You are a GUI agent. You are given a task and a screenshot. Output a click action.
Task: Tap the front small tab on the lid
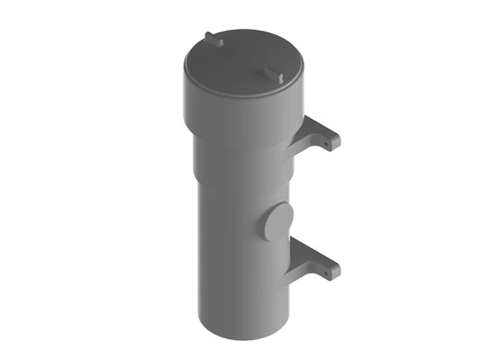point(273,73)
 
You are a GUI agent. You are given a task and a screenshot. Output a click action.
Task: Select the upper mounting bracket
point(321,135)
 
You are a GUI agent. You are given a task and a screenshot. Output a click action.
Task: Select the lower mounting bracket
point(320,260)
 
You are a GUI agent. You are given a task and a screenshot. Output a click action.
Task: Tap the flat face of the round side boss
point(277,221)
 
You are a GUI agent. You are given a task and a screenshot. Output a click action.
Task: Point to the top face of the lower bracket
point(320,253)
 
